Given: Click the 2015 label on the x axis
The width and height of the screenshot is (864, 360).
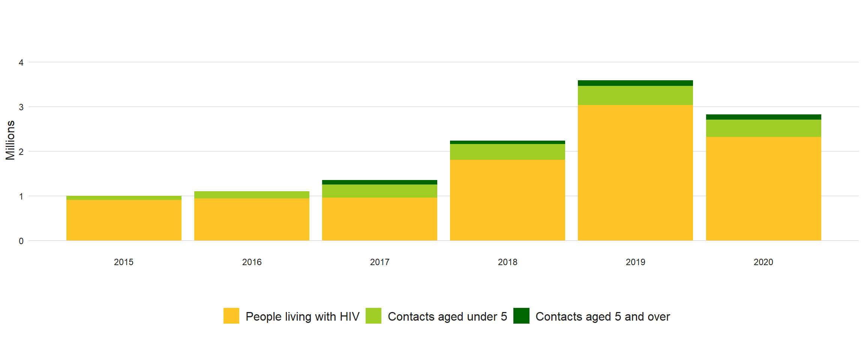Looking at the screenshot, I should tap(124, 262).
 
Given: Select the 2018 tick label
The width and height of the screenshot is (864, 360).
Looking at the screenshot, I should tap(507, 262).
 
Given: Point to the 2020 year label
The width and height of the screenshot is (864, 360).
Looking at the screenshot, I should tap(763, 262).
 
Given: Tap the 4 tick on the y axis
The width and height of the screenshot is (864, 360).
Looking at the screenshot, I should tap(21, 63).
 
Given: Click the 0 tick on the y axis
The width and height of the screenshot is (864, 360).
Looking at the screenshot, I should tap(21, 241).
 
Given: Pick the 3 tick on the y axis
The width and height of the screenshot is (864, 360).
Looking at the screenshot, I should tap(21, 107).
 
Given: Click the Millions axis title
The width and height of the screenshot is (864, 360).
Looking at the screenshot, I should tap(10, 140).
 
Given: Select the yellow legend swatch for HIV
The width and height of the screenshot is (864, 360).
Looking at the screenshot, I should tap(231, 316).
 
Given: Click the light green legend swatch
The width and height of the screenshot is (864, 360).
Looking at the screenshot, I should tap(373, 316).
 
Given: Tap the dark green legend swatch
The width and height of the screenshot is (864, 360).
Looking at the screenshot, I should tap(521, 316).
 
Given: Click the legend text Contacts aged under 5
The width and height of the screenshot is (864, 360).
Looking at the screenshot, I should tap(447, 316).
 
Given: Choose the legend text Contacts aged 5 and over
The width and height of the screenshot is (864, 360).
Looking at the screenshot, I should tap(602, 316).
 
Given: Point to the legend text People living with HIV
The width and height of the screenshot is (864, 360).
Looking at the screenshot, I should tap(302, 316).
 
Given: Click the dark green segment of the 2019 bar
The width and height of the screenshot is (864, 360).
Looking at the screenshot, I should tap(635, 83).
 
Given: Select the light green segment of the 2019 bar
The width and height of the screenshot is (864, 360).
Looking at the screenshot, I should tap(635, 95).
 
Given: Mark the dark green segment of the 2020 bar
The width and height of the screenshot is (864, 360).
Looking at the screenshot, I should tap(763, 117).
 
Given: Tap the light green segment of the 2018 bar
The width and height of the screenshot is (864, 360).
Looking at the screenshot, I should tap(507, 152).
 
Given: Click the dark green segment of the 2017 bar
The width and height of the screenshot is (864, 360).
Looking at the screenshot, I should tap(379, 182).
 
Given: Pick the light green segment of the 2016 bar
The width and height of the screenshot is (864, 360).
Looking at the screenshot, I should tap(252, 195).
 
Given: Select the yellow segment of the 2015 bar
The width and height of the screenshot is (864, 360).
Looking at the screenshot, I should tap(124, 220).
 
